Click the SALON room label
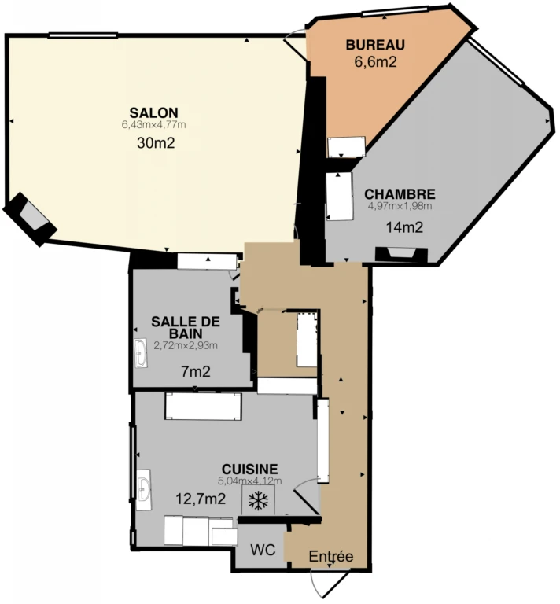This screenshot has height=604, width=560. [x=153, y=113]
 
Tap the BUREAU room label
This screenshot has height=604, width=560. [x=375, y=45]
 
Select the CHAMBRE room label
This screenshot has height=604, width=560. [x=400, y=193]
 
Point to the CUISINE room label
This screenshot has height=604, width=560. [x=249, y=469]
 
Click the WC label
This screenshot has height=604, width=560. [x=263, y=550]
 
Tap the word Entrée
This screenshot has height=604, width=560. [x=331, y=556]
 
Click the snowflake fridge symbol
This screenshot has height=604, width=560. [x=258, y=500]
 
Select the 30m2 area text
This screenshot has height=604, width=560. [x=156, y=143]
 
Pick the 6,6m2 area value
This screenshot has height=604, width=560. [x=375, y=61]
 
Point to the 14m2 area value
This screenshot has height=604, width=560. [x=404, y=227]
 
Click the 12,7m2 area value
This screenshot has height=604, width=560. [x=201, y=499]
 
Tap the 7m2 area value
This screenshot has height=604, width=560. [x=196, y=372]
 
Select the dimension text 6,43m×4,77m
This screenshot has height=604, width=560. [x=153, y=125]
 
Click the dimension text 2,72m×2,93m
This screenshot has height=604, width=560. [x=186, y=345]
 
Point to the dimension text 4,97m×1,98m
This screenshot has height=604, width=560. [x=400, y=206]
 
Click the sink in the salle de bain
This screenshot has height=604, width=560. [x=141, y=353]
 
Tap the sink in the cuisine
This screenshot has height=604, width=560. [x=144, y=490]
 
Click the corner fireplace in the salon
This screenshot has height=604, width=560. [x=30, y=219]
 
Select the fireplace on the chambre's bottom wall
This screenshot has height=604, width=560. [x=401, y=254]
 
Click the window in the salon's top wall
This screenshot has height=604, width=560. [x=83, y=35]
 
